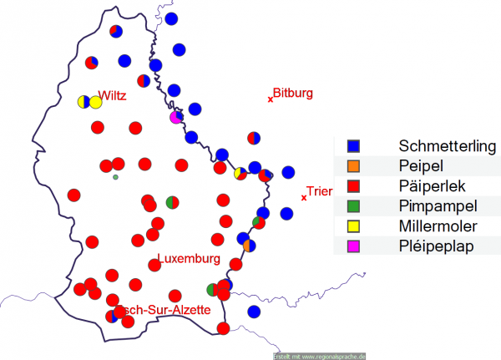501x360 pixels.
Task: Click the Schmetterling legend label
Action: click(x=448, y=145)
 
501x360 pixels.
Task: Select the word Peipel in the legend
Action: click(x=422, y=165)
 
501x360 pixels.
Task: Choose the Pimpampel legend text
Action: click(x=438, y=205)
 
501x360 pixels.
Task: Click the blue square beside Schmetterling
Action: click(x=352, y=145)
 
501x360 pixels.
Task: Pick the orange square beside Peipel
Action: click(x=352, y=165)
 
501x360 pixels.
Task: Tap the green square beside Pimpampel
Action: click(x=352, y=205)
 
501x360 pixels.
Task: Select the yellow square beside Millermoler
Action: click(x=352, y=226)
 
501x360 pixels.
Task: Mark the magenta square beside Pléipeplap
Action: click(x=352, y=246)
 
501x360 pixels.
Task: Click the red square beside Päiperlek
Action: click(x=352, y=185)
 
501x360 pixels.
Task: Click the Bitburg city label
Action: click(x=293, y=93)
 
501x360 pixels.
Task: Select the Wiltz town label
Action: click(x=112, y=95)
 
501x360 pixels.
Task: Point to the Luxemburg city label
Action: click(x=189, y=259)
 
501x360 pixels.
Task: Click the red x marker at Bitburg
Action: click(x=271, y=99)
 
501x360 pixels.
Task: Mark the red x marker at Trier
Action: click(x=303, y=198)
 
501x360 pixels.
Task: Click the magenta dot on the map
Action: click(x=175, y=118)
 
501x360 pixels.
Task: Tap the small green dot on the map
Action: click(x=116, y=177)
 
